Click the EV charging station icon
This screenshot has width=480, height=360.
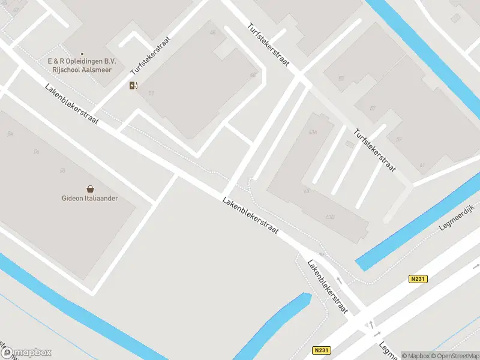pyautogui.click(x=133, y=85)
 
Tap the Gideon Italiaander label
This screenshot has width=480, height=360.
pyautogui.click(x=90, y=199)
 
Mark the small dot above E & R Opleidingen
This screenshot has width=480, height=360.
pyautogui.click(x=82, y=54)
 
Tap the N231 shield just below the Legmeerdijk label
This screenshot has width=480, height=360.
pyautogui.click(x=419, y=279)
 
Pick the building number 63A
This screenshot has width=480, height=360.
pyautogui.click(x=313, y=132)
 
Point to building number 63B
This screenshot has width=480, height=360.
pyautogui.click(x=329, y=217)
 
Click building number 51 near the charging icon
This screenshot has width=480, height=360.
pyautogui.click(x=151, y=93)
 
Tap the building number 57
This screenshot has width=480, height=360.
pyautogui.click(x=373, y=109)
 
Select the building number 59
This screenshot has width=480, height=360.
pyautogui.click(x=398, y=139)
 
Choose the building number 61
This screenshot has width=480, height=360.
pyautogui.click(x=422, y=165)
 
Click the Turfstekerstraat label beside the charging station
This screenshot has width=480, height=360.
pyautogui.click(x=151, y=55)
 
